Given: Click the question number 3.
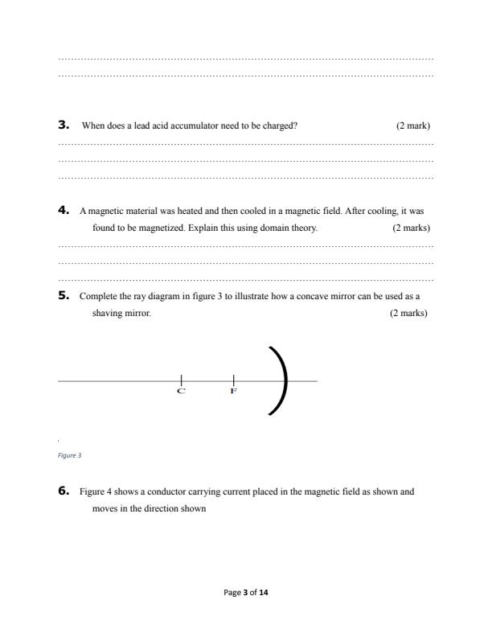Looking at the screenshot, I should pos(64,125).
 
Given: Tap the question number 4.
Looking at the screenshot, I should pos(64,210).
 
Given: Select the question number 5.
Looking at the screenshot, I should pos(64,295).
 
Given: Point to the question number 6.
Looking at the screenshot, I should pos(64,491).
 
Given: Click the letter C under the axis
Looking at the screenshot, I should pos(181,391).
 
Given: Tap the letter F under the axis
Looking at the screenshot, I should pos(233,391).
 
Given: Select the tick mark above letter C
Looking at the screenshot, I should pos(182,380).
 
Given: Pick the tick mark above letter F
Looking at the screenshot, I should pos(233,380).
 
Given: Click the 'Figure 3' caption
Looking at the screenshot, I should pos(69,455).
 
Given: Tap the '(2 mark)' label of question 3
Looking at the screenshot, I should pos(412,126).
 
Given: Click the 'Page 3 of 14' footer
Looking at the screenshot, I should pos(246,593).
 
